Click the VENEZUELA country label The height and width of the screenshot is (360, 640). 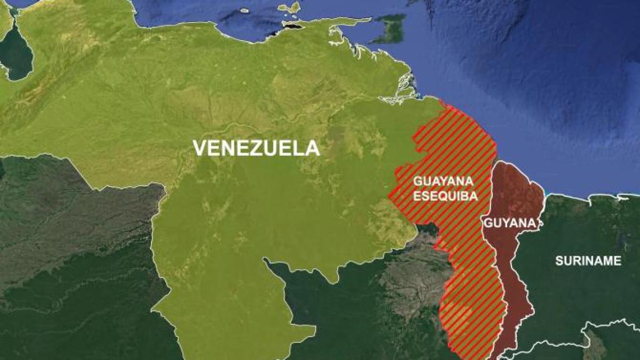coord(256,148)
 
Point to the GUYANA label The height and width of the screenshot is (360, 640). coord(509,223)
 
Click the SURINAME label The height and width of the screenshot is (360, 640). coord(588,261)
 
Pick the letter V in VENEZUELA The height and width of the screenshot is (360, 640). coord(199,148)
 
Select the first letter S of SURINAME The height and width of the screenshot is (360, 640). coord(559,261)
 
